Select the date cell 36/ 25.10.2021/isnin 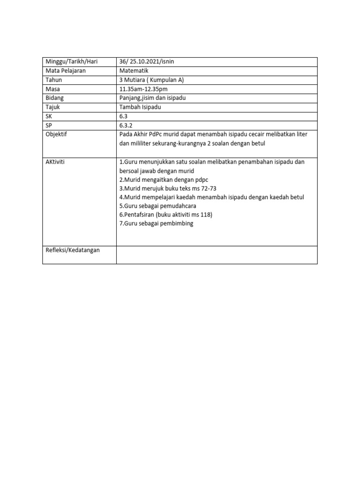[x=147, y=62]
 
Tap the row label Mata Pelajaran [x=65, y=71]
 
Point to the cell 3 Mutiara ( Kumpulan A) [x=151, y=80]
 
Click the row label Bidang [x=54, y=98]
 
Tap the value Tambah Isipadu [x=140, y=107]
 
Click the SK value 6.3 [x=124, y=116]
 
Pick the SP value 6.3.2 [x=126, y=125]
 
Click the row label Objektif [x=57, y=135]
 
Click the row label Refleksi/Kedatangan [x=73, y=250]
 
